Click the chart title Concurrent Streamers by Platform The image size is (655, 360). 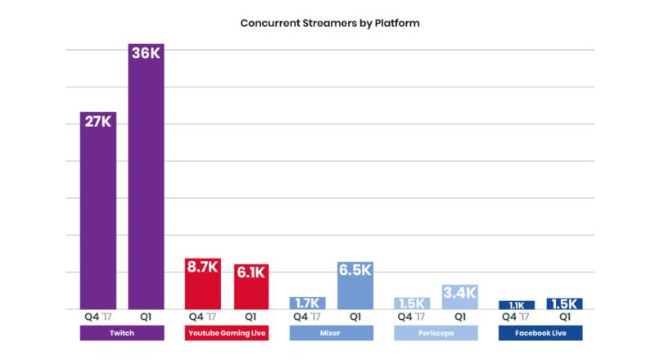[330, 23]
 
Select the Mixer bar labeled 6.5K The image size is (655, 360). [355, 286]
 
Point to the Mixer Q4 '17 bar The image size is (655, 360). [307, 303]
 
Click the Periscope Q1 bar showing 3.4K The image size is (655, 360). [460, 297]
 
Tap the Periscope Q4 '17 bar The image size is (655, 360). [412, 304]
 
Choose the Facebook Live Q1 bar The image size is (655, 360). [565, 304]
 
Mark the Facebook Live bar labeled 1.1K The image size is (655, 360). [517, 305]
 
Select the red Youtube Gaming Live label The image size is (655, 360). [227, 334]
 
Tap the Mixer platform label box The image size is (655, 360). [332, 334]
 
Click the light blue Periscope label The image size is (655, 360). [436, 334]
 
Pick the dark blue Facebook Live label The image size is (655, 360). [541, 334]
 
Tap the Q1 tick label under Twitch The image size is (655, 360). [146, 317]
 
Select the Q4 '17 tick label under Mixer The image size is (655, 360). [307, 317]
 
